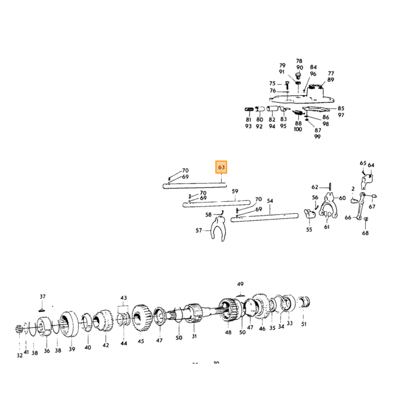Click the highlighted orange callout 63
point(221,167)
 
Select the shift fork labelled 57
point(218,229)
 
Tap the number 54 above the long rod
point(270,201)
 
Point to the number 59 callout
point(235,191)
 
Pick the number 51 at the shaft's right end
point(304,324)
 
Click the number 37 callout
point(43,296)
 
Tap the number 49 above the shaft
point(240,284)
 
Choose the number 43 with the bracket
point(124,298)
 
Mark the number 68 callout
point(365,233)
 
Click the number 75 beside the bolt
point(272,83)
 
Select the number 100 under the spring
point(298,129)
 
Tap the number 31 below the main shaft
point(194,336)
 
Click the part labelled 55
point(310,213)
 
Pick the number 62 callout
point(315,187)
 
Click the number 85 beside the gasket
point(341,108)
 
